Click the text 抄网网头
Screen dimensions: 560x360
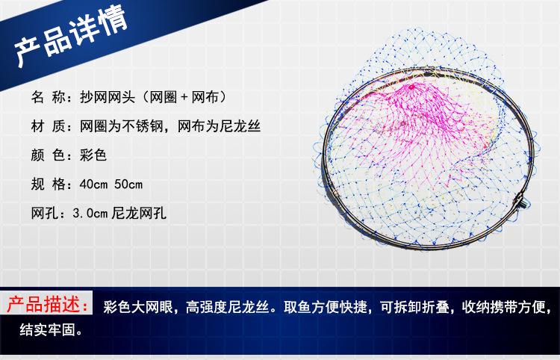click(108, 97)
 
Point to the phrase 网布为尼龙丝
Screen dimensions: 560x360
click(219, 126)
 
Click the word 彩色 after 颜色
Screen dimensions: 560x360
click(93, 155)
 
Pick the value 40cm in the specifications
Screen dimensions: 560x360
click(93, 184)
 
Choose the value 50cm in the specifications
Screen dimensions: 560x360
click(128, 184)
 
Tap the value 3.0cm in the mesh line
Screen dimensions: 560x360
click(90, 213)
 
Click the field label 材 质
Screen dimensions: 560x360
click(49, 126)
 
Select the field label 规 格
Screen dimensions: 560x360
click(49, 184)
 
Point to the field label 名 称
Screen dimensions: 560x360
click(49, 97)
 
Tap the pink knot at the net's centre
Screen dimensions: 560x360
click(411, 87)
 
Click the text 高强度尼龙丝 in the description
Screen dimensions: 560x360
click(227, 307)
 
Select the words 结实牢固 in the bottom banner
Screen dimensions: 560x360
click(47, 329)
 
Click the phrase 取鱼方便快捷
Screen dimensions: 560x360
click(326, 307)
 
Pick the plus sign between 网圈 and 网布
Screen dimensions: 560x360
click(184, 98)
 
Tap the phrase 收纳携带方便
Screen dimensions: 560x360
click(503, 307)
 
